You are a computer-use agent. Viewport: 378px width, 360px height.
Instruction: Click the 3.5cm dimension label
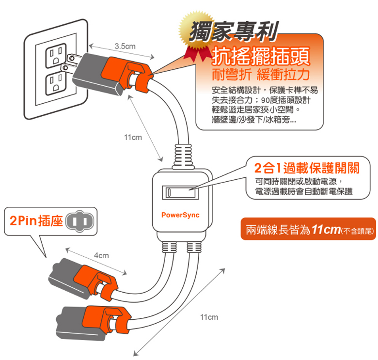[125, 46]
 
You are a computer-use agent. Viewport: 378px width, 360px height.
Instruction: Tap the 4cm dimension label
[101, 255]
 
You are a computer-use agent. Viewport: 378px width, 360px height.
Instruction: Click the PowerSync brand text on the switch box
[180, 214]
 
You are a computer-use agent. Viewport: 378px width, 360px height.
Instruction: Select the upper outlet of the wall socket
[54, 56]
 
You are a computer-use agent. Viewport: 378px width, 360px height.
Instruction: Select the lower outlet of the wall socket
[54, 83]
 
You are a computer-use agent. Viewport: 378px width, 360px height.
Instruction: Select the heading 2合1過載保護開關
[306, 169]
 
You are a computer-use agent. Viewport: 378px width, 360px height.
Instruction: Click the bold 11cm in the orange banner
[326, 229]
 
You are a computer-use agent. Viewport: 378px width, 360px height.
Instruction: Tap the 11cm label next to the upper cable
[132, 138]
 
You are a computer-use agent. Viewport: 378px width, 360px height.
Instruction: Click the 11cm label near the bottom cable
[209, 317]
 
